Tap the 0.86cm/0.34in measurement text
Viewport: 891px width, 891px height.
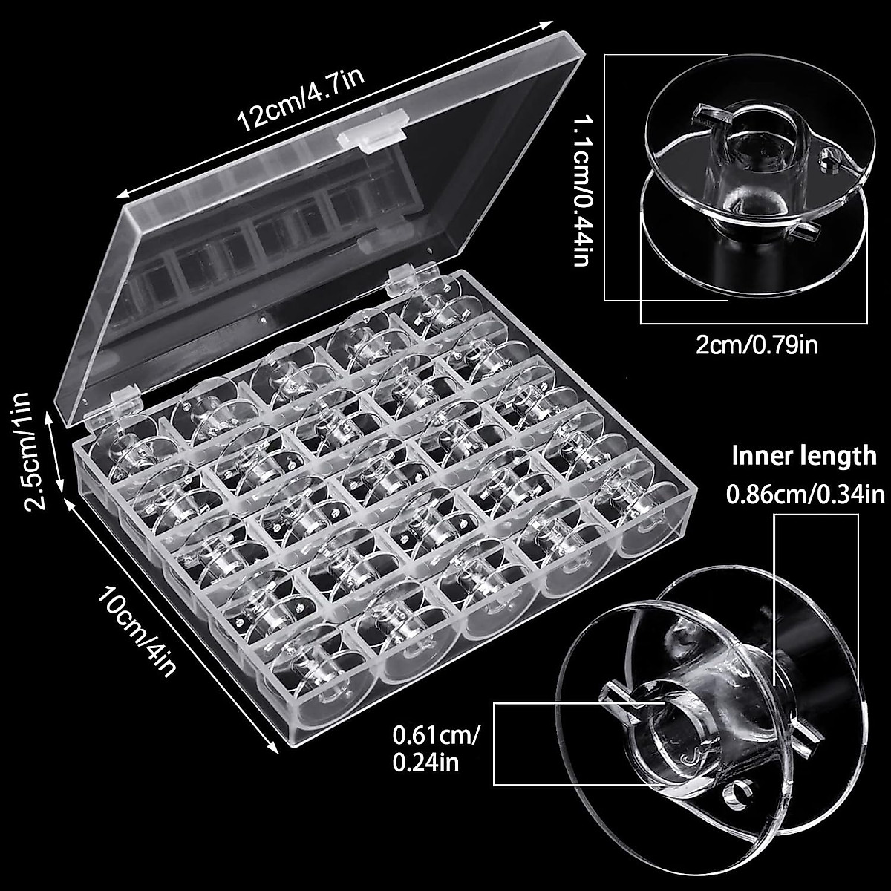[x=806, y=492]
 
